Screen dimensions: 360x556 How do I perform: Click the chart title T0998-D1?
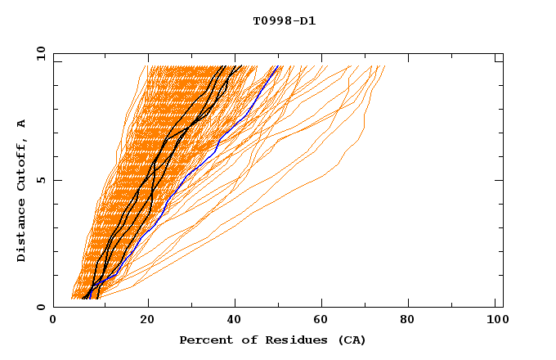click(x=284, y=20)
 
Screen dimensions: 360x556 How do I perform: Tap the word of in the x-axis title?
click(x=245, y=340)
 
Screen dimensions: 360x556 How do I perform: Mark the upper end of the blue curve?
click(x=278, y=66)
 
